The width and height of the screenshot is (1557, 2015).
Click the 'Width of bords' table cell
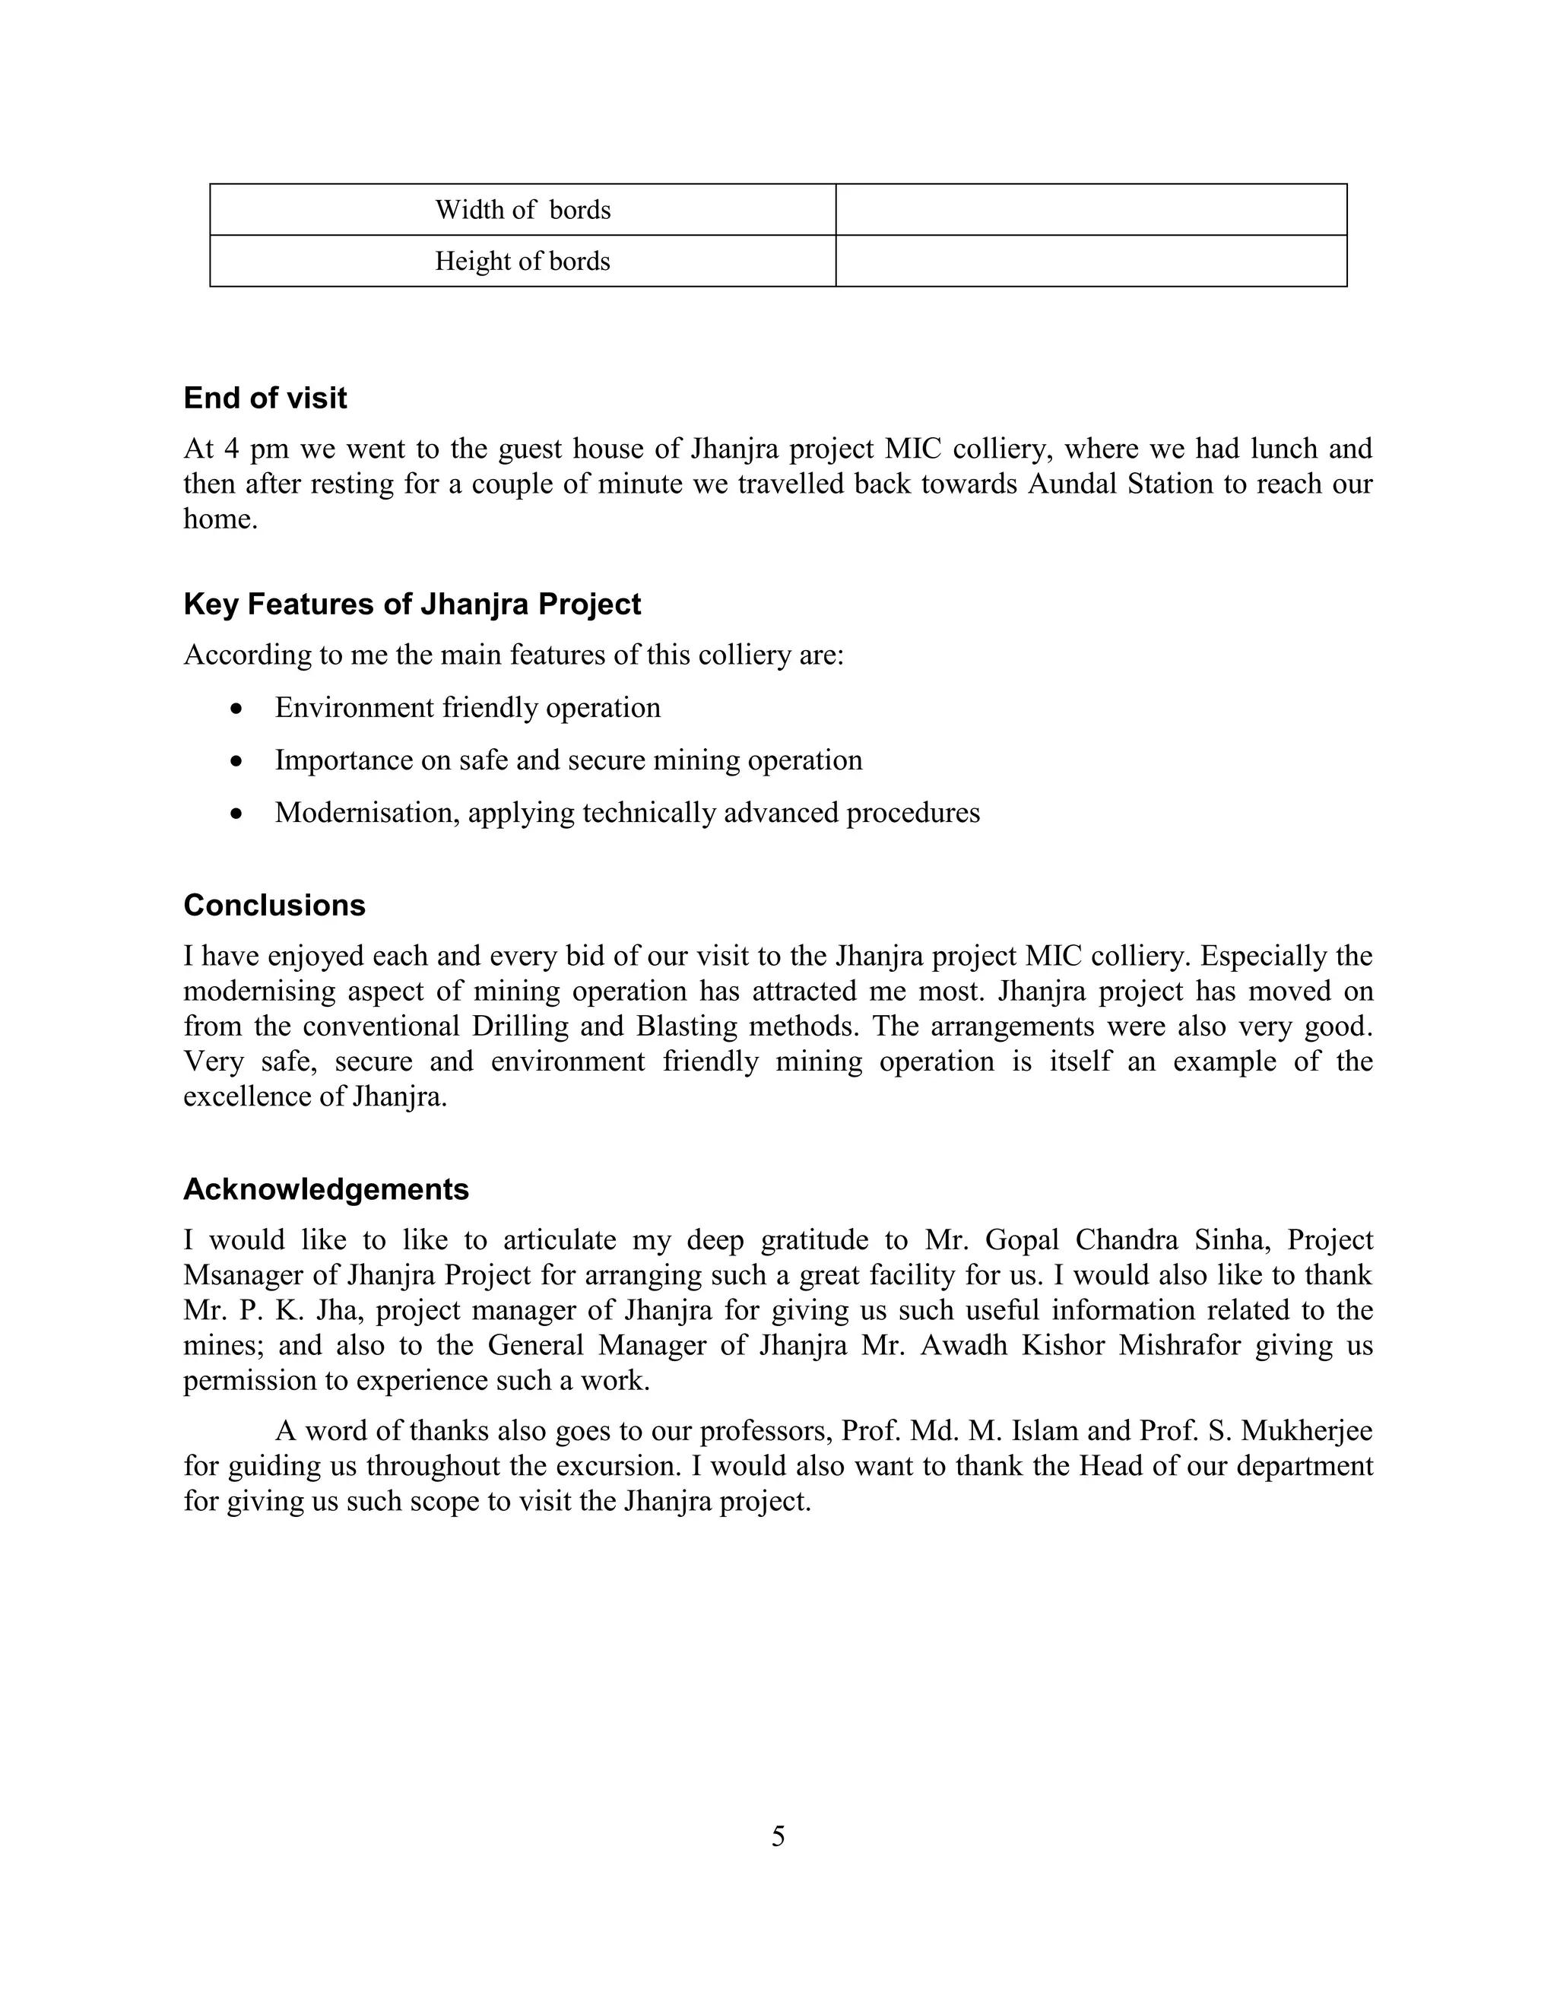click(523, 209)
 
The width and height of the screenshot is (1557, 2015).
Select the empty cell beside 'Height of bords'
click(1090, 261)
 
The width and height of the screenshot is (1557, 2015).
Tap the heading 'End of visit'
click(265, 398)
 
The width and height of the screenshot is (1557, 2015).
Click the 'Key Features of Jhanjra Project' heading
click(411, 604)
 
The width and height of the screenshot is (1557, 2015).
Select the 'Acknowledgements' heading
click(325, 1188)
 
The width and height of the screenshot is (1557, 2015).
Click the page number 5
click(778, 1836)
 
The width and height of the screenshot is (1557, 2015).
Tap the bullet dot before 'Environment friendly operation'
click(238, 709)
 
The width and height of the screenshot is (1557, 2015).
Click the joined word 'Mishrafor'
click(1179, 1345)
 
